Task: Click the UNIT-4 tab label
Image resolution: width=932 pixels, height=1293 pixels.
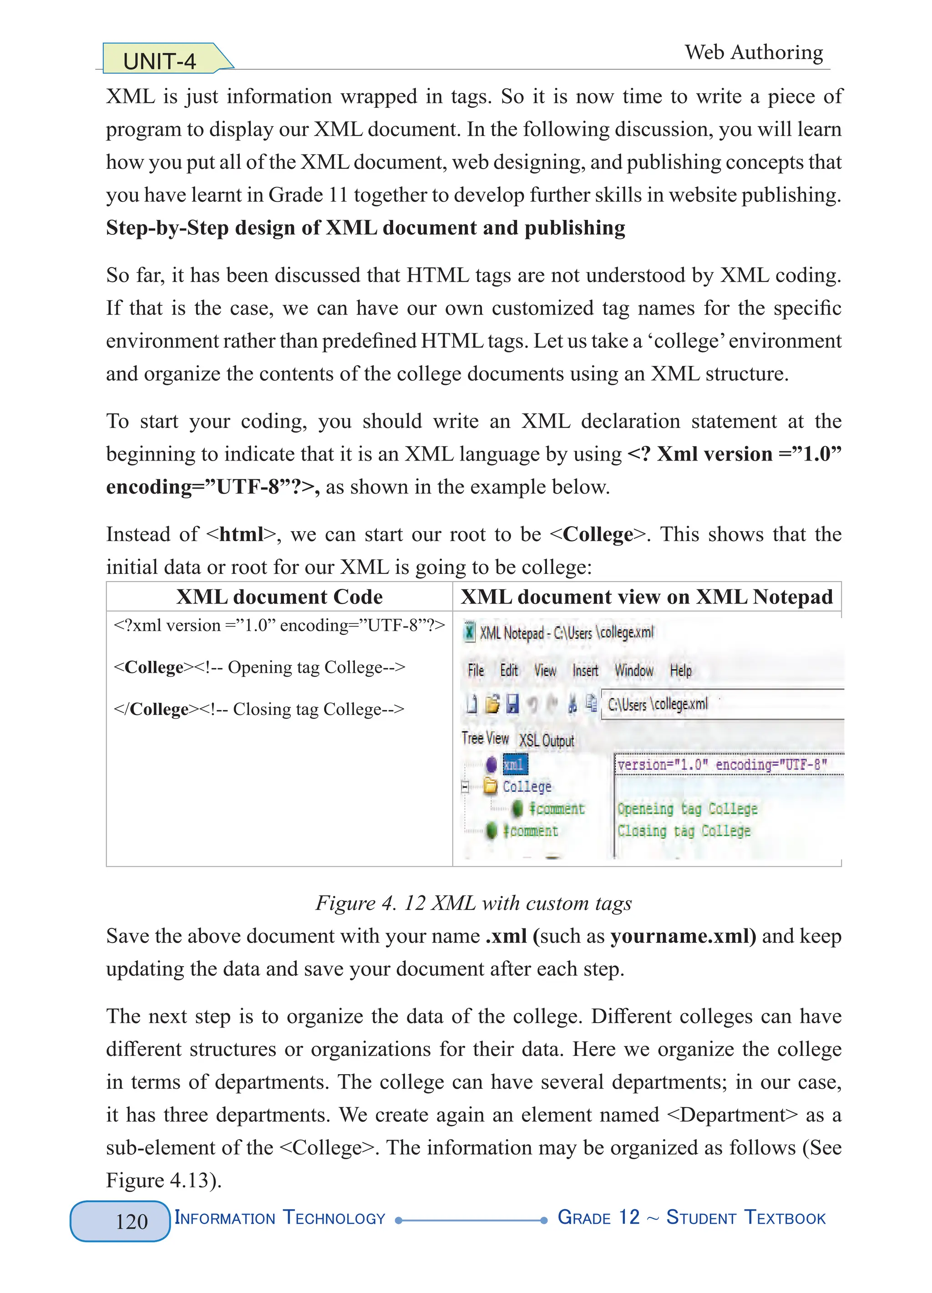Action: pyautogui.click(x=160, y=61)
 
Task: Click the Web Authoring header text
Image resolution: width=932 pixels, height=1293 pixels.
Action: pyautogui.click(x=754, y=52)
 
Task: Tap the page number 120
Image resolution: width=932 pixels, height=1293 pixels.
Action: pyautogui.click(x=132, y=1221)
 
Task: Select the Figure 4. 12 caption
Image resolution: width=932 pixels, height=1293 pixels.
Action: pyautogui.click(x=473, y=903)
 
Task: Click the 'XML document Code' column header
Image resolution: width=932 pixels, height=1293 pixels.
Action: pyautogui.click(x=279, y=597)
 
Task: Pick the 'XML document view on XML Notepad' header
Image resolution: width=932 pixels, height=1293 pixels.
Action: pyautogui.click(x=646, y=597)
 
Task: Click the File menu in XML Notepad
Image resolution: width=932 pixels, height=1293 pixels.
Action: pyautogui.click(x=476, y=670)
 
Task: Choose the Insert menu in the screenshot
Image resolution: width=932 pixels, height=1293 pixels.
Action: pyautogui.click(x=585, y=670)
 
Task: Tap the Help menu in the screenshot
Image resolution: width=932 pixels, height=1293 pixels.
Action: pyautogui.click(x=681, y=670)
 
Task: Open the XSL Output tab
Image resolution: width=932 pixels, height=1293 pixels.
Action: pyautogui.click(x=546, y=740)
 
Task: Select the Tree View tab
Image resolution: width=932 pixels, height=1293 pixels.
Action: pyautogui.click(x=485, y=738)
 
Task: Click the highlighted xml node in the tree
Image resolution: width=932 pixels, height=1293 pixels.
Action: pyautogui.click(x=514, y=765)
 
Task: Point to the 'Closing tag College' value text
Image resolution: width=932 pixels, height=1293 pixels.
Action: pyautogui.click(x=684, y=831)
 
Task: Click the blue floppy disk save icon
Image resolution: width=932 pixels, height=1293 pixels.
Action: pyautogui.click(x=512, y=704)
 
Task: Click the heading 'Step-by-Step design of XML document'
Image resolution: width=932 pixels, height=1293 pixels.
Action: pyautogui.click(x=365, y=228)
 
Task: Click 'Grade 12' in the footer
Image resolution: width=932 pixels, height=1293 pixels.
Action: pyautogui.click(x=598, y=1218)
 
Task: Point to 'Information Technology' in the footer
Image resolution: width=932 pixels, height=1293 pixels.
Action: pyautogui.click(x=280, y=1218)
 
